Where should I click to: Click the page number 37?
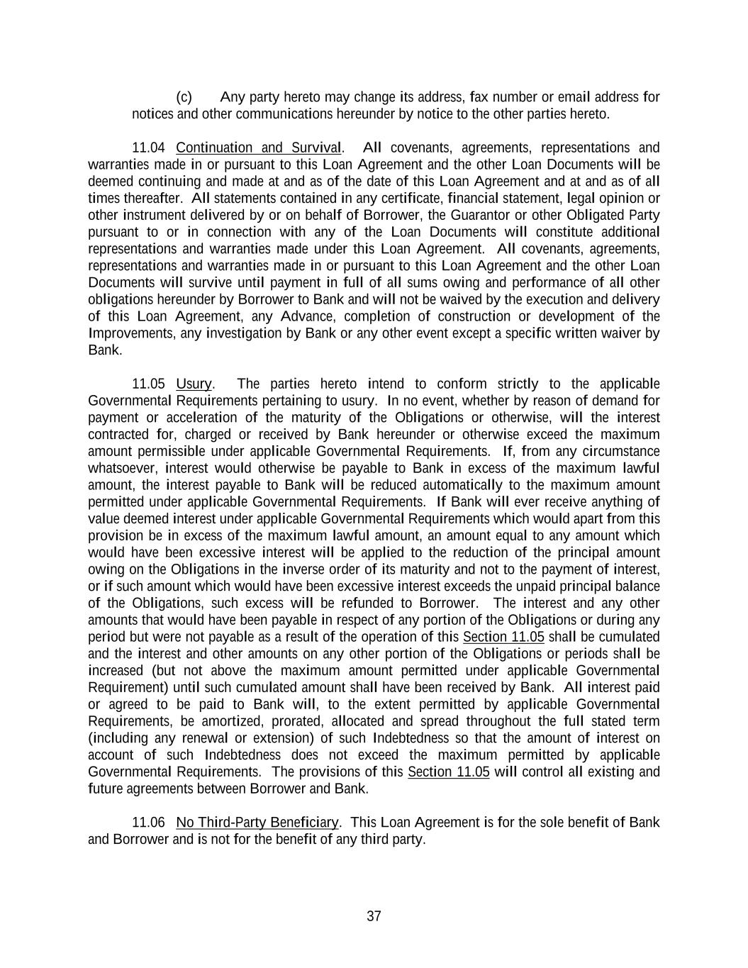click(x=374, y=916)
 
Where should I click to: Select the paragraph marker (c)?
click(x=184, y=97)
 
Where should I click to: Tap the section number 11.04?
click(x=149, y=148)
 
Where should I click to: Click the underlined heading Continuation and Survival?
click(x=259, y=148)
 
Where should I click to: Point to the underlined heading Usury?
click(x=194, y=384)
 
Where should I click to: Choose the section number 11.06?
click(x=149, y=823)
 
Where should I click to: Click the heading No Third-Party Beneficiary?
click(x=257, y=823)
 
